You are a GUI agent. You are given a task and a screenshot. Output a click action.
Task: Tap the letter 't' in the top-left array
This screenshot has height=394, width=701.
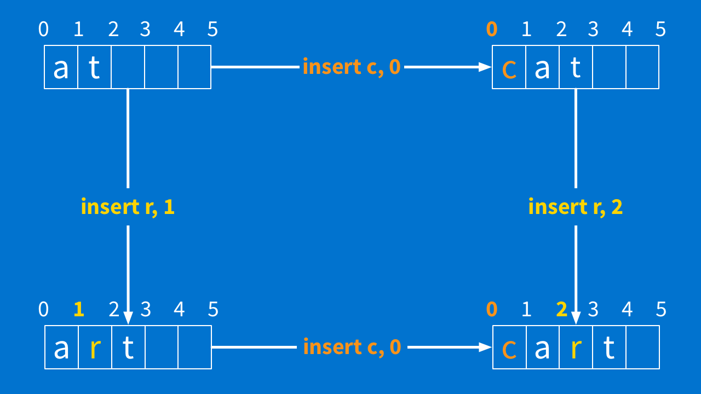tap(94, 68)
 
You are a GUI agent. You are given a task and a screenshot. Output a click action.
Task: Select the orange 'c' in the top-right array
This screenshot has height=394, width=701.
tap(509, 69)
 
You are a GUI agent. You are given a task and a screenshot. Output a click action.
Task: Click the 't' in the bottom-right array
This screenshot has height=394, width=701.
tap(609, 348)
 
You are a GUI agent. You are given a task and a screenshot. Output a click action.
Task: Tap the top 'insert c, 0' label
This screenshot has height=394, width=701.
tap(352, 67)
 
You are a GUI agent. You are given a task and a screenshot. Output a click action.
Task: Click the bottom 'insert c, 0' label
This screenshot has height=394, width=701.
tap(352, 347)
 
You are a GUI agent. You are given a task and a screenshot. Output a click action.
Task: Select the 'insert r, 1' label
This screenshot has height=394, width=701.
tap(128, 207)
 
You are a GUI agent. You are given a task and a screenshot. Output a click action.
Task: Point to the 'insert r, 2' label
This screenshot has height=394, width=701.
tap(576, 207)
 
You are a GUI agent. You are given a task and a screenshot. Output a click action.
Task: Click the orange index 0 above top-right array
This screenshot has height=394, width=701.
tap(492, 29)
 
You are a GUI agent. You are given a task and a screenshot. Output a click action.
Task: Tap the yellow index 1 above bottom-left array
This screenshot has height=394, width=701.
tap(79, 310)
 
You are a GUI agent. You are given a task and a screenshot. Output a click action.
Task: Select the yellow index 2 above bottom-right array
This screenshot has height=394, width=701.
tap(561, 310)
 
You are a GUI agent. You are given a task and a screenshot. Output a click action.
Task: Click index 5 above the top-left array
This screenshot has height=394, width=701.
tap(212, 29)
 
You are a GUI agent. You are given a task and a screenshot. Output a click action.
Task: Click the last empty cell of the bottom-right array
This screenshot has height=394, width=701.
tap(642, 347)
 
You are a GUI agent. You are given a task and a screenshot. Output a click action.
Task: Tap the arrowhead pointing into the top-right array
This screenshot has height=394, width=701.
tap(485, 67)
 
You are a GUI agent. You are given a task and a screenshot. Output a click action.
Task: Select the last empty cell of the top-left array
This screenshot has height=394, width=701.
tap(194, 67)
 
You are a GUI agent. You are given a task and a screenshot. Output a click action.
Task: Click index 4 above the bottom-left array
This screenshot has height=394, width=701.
tap(179, 310)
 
